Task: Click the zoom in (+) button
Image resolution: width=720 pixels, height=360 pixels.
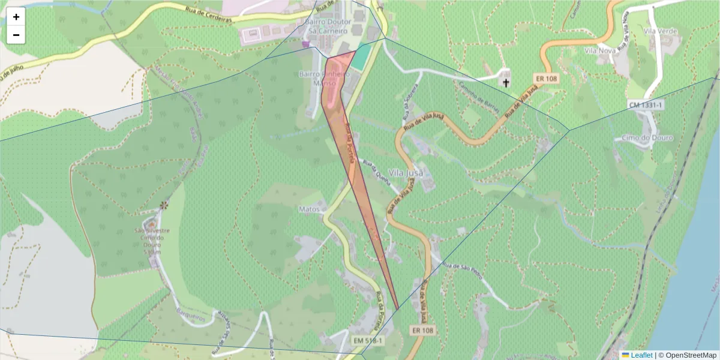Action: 16,17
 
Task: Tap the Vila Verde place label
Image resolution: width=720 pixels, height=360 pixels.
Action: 659,31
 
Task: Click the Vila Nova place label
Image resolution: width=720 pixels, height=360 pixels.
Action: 599,51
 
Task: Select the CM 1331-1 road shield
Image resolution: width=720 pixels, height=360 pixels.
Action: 646,105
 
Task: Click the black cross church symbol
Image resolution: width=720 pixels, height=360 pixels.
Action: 506,82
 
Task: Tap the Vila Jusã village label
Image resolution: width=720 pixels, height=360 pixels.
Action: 406,173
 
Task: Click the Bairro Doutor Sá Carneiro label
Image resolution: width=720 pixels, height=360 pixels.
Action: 326,25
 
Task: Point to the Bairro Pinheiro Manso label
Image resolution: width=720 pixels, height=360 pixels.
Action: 323,79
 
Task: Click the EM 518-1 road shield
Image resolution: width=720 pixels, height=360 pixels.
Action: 367,340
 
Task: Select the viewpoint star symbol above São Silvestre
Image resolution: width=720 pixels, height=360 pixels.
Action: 163,205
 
